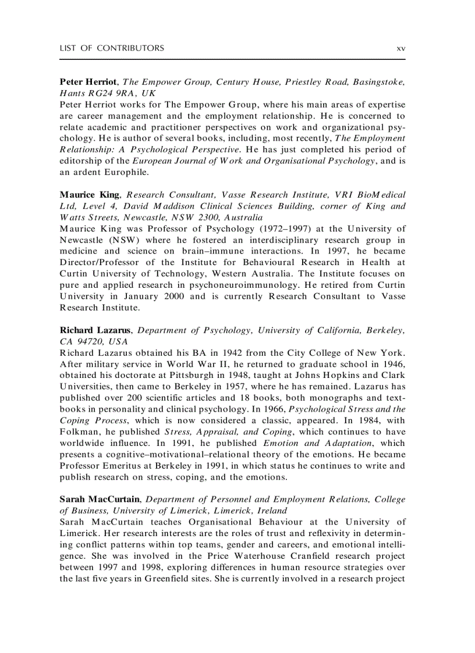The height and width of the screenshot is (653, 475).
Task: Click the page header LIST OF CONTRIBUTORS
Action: [x=112, y=48]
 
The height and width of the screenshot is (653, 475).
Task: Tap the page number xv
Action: [x=400, y=48]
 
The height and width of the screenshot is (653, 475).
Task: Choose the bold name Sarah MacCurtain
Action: [x=100, y=499]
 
